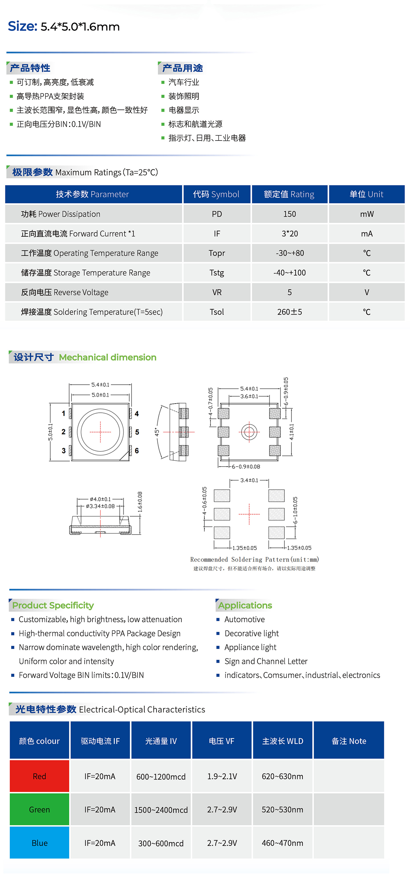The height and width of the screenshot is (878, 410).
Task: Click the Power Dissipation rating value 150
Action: click(x=289, y=214)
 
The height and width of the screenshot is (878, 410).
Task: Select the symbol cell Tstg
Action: click(x=216, y=273)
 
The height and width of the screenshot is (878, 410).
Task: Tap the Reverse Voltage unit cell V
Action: click(x=366, y=293)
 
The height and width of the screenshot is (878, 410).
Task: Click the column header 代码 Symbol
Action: click(x=216, y=194)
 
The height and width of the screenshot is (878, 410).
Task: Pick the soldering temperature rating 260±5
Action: click(x=289, y=312)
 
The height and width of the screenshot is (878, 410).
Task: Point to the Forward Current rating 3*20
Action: click(x=289, y=233)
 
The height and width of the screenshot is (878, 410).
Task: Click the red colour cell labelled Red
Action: click(x=39, y=776)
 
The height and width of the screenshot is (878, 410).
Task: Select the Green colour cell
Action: click(x=39, y=809)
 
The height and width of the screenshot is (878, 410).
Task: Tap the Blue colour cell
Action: click(x=39, y=843)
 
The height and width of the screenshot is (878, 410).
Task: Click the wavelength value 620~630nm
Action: click(x=282, y=776)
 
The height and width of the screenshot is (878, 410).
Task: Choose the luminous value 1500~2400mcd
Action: click(x=161, y=810)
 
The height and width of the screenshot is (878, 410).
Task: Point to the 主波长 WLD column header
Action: click(x=282, y=741)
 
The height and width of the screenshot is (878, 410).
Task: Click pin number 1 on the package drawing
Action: click(x=63, y=413)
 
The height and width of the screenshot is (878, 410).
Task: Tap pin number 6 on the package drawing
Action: click(x=137, y=450)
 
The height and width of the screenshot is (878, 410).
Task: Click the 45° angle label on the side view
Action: click(x=157, y=432)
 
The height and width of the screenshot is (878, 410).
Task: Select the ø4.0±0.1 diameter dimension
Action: click(x=100, y=499)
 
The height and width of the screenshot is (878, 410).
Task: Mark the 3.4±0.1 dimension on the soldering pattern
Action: click(x=249, y=480)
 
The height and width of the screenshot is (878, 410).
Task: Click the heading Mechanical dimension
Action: click(x=108, y=357)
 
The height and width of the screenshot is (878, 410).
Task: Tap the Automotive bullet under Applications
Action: click(x=244, y=619)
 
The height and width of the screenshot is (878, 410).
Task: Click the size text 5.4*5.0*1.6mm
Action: click(x=80, y=27)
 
